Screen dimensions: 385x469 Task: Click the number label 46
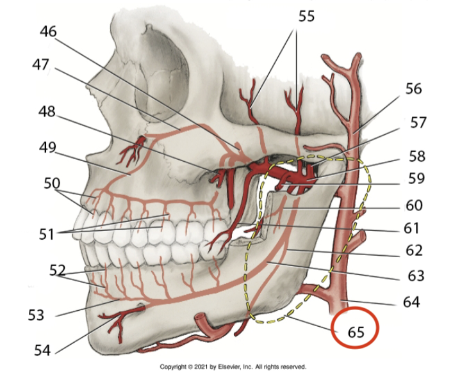pos(49,31)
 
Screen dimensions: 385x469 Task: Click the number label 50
pos(52,183)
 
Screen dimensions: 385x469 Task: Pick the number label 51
pos(45,234)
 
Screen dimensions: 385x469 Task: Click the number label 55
pos(306,16)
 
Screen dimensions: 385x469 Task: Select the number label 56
pos(413,88)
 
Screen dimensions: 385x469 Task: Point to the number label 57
pos(418,122)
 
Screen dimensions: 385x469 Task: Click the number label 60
pos(413,205)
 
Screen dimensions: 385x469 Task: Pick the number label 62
pos(415,250)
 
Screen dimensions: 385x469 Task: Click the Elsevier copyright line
pos(233,367)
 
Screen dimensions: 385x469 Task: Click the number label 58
pos(416,157)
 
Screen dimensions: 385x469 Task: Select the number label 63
pos(416,276)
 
